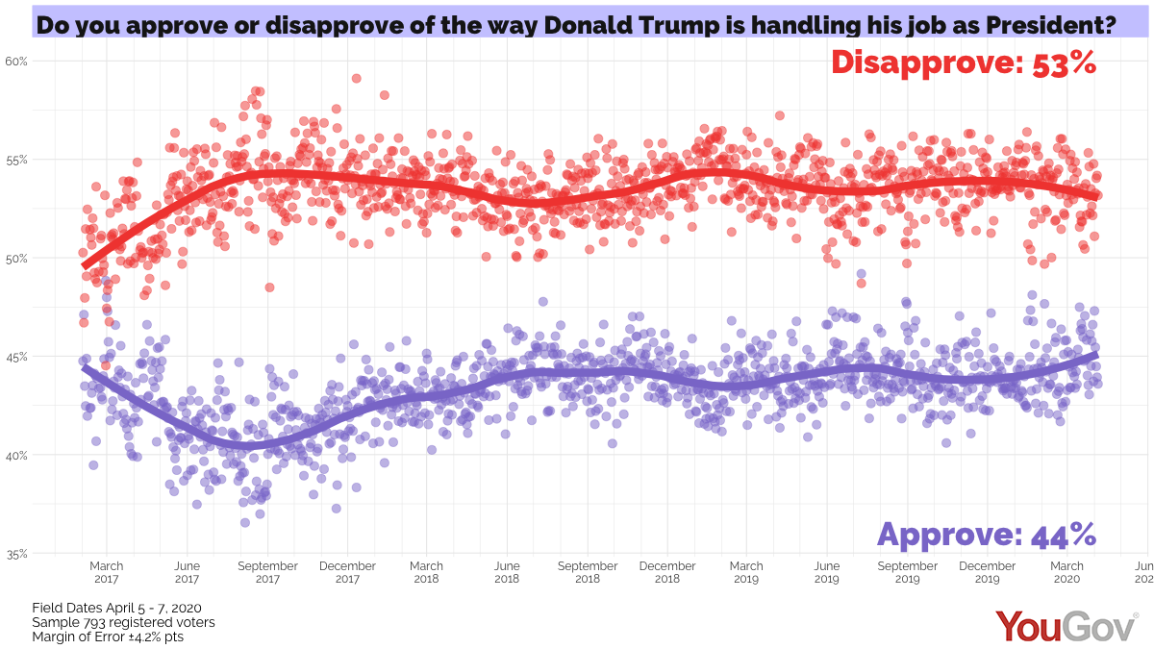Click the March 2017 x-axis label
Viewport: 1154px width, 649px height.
[x=107, y=573]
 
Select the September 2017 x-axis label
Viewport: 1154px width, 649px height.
[x=267, y=573]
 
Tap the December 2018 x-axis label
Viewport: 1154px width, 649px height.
[x=667, y=573]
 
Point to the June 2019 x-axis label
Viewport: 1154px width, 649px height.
[x=826, y=573]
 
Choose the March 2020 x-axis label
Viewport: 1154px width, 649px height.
[x=1066, y=573]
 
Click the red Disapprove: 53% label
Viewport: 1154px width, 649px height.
[x=963, y=62]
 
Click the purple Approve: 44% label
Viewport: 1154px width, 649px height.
[x=987, y=534]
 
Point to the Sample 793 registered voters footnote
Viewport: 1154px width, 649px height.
[x=123, y=622]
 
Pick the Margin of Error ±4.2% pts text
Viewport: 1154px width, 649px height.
[x=108, y=637]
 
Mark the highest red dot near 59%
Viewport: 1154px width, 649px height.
[x=357, y=78]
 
